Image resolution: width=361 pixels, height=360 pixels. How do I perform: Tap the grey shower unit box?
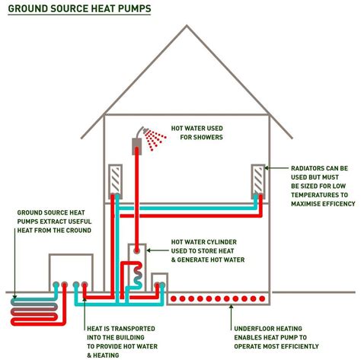[x=137, y=146]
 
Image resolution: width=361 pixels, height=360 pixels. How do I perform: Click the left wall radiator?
[x=116, y=181]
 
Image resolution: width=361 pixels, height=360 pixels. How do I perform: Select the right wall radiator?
[x=258, y=181]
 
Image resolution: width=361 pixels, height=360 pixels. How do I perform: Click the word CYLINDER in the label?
[x=220, y=242]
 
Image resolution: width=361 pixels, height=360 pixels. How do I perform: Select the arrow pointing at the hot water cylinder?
[x=158, y=250]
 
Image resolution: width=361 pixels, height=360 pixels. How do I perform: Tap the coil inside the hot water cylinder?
[x=138, y=275]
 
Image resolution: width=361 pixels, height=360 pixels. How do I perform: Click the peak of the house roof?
[x=187, y=25]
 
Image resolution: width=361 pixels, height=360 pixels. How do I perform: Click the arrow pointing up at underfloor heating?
[x=231, y=317]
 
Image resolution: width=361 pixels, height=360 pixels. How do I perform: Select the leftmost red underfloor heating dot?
[x=174, y=298]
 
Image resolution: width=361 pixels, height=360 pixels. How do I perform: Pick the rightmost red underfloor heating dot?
[x=262, y=298]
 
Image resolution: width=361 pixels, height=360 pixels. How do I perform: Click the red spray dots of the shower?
[x=155, y=139]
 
